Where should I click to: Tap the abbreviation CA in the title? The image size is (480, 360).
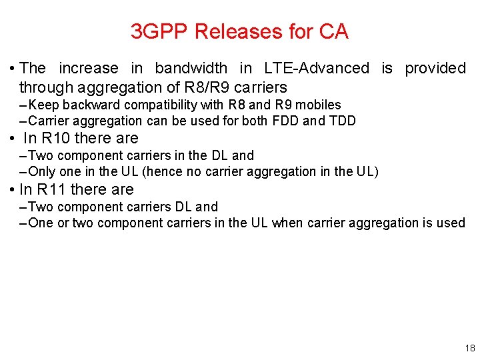click(x=334, y=31)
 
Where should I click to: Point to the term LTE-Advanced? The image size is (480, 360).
click(x=316, y=68)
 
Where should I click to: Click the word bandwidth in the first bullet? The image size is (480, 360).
click(x=190, y=68)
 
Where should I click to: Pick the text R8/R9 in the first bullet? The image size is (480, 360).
click(x=204, y=87)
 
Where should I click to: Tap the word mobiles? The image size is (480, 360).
click(x=319, y=105)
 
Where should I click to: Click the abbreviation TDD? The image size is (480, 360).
click(x=341, y=121)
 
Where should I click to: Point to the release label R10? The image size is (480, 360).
click(x=56, y=139)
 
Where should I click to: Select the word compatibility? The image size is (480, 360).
click(x=154, y=105)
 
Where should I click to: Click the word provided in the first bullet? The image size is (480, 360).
click(x=435, y=68)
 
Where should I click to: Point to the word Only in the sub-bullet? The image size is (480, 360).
click(x=41, y=171)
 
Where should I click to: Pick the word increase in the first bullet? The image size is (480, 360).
click(x=89, y=68)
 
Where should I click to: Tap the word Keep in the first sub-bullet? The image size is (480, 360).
click(x=43, y=105)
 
